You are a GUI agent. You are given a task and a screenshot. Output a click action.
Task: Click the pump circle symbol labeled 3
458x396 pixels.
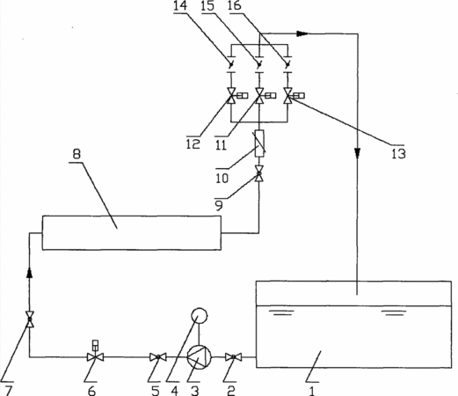(199, 357)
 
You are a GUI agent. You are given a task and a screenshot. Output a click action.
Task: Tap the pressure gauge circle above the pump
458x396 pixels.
(200, 316)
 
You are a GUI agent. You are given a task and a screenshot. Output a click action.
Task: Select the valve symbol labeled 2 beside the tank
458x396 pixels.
(234, 357)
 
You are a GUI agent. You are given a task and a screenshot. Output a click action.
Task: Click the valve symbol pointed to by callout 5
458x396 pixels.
(158, 357)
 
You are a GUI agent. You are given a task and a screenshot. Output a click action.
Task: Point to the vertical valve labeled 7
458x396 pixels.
(30, 319)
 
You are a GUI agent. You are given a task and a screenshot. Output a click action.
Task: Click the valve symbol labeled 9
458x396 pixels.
(259, 173)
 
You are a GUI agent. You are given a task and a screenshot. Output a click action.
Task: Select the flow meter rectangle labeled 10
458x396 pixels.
(259, 143)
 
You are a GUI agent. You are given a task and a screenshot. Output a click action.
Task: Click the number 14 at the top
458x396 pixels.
(180, 6)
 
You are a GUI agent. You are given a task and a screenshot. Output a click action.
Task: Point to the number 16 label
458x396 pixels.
(235, 6)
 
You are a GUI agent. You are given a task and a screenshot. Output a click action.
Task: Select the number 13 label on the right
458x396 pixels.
(398, 154)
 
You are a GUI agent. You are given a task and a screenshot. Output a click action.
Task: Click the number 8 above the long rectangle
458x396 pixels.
(76, 154)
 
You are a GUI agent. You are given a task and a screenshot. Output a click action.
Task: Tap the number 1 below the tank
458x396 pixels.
(312, 392)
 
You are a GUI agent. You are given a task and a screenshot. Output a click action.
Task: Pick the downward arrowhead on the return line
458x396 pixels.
(357, 153)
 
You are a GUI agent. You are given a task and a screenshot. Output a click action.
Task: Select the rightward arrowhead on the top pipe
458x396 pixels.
(302, 33)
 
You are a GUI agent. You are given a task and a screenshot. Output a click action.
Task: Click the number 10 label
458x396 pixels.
(222, 179)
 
